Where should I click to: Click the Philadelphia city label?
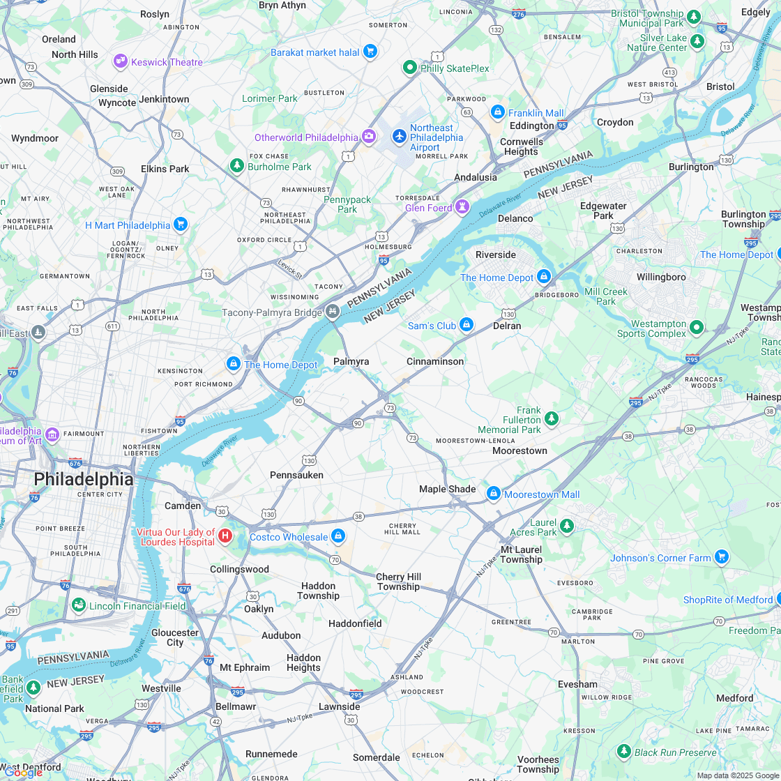(84, 479)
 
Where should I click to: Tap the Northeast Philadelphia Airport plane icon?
(399, 135)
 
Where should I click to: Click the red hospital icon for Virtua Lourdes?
(225, 536)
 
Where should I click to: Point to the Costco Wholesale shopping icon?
(338, 536)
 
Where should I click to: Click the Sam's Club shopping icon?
(467, 324)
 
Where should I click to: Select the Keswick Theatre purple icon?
(121, 61)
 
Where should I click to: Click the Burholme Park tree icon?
(237, 165)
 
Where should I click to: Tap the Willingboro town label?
(661, 277)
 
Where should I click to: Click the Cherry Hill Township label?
(398, 582)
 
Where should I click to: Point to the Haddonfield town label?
(355, 623)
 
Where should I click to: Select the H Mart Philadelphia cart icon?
(181, 224)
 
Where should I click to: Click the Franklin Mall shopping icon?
(497, 112)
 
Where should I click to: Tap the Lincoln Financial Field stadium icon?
(79, 605)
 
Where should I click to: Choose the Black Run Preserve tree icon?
(624, 751)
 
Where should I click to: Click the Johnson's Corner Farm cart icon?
(722, 556)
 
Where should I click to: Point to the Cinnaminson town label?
(435, 361)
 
